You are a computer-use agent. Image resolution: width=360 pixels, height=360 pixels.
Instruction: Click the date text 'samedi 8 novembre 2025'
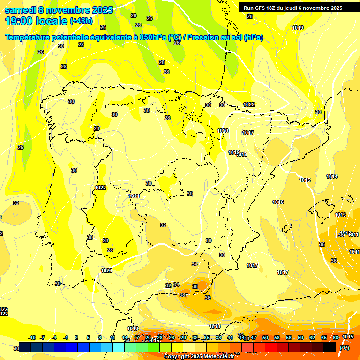click(59, 10)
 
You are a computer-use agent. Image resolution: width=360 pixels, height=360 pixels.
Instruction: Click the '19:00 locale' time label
click(37, 21)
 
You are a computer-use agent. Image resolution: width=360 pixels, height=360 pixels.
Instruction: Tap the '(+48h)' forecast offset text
click(81, 21)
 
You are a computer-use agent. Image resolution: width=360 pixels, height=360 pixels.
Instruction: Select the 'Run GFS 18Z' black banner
click(293, 8)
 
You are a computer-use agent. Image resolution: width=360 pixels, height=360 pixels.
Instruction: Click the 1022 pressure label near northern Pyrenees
click(249, 105)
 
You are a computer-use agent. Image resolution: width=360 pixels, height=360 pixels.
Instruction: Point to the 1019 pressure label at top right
click(298, 28)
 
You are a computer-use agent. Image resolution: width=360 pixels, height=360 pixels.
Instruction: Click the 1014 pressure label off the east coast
click(332, 177)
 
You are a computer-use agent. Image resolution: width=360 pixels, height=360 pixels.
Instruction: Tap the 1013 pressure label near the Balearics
click(340, 215)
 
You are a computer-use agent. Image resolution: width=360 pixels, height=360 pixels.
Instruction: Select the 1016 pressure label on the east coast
click(278, 202)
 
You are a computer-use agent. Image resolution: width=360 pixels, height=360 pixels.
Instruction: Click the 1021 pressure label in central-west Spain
click(134, 196)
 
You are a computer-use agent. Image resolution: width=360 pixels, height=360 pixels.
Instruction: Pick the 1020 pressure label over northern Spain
click(223, 131)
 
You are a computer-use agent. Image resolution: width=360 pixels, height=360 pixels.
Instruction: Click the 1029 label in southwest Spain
click(106, 270)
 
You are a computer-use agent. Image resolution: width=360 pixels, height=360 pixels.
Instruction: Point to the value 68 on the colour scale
click(336, 337)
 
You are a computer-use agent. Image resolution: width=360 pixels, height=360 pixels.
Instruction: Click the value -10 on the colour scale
click(32, 337)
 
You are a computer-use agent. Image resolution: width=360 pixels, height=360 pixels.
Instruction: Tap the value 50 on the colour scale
click(265, 337)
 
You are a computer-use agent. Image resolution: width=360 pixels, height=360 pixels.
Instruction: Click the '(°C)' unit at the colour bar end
click(345, 348)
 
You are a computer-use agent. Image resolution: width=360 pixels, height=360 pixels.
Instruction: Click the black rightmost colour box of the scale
click(330, 347)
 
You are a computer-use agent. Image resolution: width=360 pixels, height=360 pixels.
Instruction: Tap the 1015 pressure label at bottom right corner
click(347, 337)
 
